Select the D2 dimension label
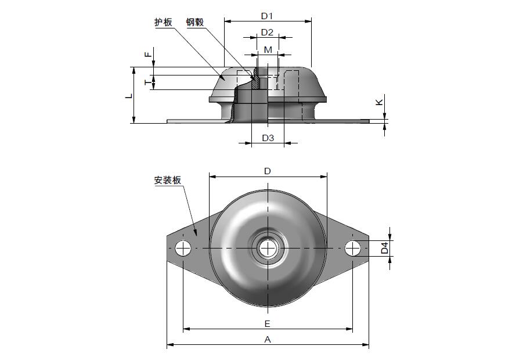[267, 32]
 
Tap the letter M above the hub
[268, 50]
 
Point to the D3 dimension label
[268, 138]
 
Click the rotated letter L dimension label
[129, 95]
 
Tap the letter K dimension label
[379, 102]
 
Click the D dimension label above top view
[268, 171]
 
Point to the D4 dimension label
[384, 249]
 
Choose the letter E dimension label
[268, 323]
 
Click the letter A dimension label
[268, 339]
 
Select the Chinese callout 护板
[163, 23]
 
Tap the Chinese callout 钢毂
[195, 23]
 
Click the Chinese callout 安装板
[168, 181]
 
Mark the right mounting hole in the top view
[352, 249]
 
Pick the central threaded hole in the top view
[268, 249]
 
